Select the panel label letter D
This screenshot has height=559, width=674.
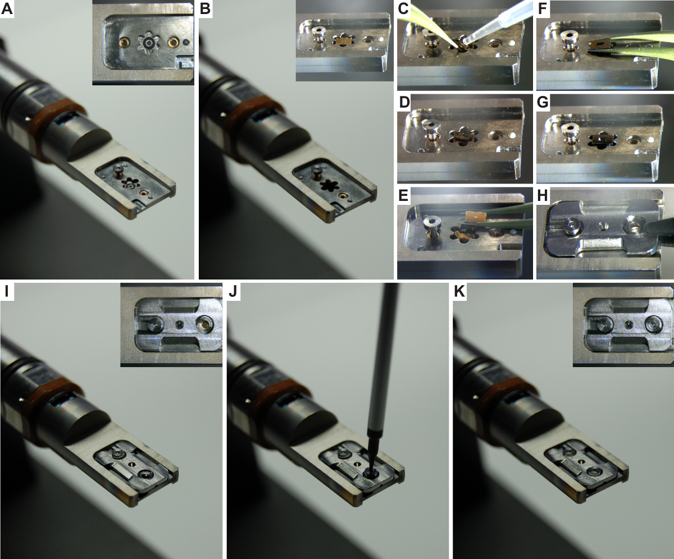point(404,102)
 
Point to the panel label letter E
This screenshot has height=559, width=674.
point(403,195)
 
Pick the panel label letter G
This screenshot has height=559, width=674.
point(543,102)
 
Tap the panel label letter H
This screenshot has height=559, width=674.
point(543,195)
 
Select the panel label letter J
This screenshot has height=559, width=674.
point(233,292)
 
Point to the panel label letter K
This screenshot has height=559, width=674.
point(459,292)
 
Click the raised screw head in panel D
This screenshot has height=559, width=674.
point(427,125)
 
